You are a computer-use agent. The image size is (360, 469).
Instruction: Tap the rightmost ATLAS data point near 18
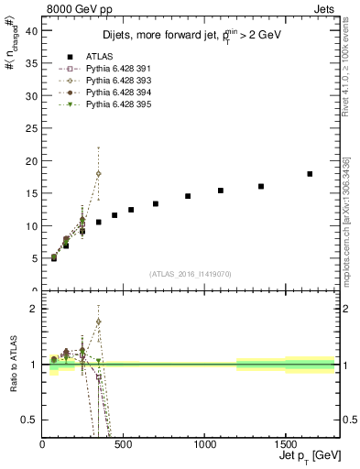pos(310,173)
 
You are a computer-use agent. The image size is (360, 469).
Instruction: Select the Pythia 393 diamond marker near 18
pos(98,173)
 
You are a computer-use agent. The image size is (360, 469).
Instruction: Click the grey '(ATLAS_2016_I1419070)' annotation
pos(191,273)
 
